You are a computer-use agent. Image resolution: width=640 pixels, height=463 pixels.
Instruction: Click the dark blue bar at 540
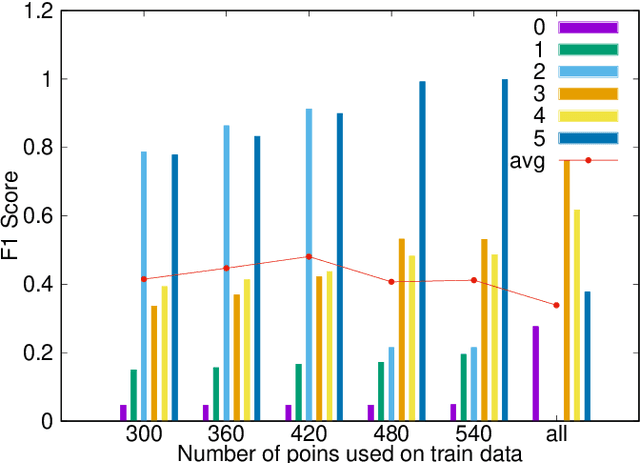click(505, 250)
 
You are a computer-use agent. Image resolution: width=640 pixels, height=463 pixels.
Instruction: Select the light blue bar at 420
click(309, 265)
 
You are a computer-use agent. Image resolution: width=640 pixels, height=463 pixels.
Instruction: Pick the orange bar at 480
click(402, 330)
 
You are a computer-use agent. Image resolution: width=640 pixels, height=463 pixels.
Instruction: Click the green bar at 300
click(133, 395)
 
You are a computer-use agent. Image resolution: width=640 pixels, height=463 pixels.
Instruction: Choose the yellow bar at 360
click(247, 350)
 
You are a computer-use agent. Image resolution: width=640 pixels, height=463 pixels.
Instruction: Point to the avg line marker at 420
click(308, 257)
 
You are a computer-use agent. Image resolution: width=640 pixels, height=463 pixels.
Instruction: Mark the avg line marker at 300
click(144, 279)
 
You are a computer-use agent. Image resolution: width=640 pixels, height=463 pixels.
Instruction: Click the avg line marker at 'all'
click(556, 305)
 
